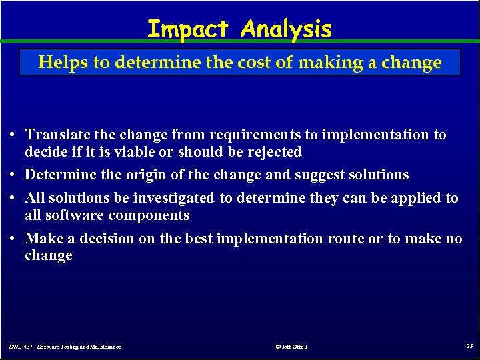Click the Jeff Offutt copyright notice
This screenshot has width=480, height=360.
(x=291, y=346)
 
